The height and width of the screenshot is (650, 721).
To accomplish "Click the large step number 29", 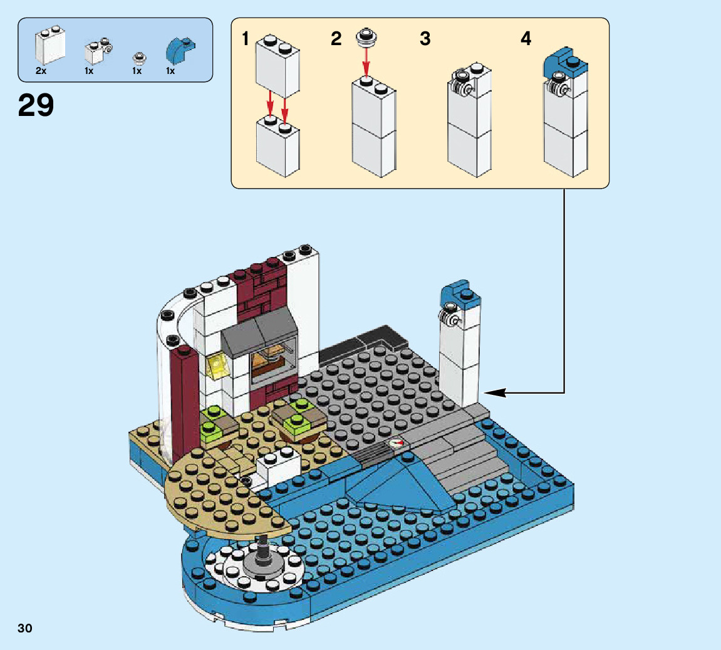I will (36, 105).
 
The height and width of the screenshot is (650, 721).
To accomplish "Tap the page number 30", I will (25, 628).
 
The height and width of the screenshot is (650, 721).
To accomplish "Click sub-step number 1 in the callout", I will (246, 39).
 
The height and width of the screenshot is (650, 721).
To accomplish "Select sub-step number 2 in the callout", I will (336, 39).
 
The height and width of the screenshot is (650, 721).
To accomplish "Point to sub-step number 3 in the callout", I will (425, 39).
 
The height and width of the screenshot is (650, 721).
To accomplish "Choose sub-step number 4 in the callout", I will (526, 39).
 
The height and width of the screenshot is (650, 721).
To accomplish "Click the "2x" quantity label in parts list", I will (41, 71).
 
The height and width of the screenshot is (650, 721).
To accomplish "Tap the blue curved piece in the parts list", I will (179, 50).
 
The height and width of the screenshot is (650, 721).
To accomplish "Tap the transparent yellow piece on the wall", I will (217, 365).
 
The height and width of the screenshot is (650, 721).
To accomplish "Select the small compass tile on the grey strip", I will (397, 442).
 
